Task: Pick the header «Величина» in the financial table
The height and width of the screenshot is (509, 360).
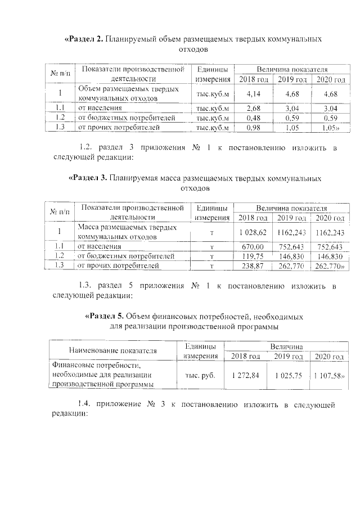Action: click(x=286, y=346)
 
